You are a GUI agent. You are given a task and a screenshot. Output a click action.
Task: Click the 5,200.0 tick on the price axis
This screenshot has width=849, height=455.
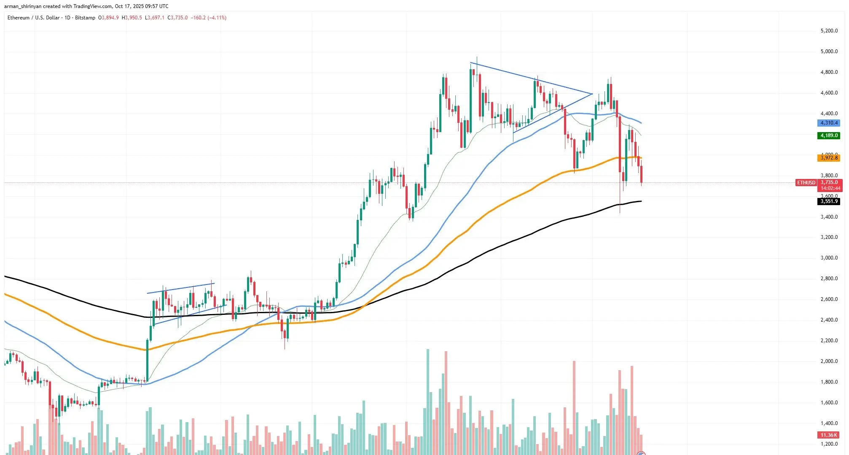pyautogui.click(x=829, y=31)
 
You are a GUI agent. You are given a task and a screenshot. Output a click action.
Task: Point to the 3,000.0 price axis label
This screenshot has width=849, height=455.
pyautogui.click(x=829, y=258)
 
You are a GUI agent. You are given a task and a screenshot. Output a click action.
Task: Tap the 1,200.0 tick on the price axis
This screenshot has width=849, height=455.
pyautogui.click(x=829, y=444)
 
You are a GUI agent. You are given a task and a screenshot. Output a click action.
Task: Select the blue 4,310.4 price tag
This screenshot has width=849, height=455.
pyautogui.click(x=828, y=123)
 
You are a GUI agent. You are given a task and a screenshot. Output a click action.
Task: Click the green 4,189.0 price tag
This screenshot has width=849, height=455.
pyautogui.click(x=828, y=135)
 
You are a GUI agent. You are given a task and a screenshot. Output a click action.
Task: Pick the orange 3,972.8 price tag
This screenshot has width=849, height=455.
pyautogui.click(x=828, y=158)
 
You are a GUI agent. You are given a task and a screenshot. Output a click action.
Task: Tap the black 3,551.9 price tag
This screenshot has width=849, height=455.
pyautogui.click(x=829, y=201)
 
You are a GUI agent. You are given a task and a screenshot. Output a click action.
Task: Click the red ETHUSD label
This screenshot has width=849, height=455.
pyautogui.click(x=806, y=183)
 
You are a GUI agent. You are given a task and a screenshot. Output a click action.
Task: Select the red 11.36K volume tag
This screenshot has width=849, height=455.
pyautogui.click(x=828, y=435)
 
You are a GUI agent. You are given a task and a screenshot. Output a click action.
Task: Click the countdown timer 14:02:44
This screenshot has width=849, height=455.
pyautogui.click(x=830, y=188)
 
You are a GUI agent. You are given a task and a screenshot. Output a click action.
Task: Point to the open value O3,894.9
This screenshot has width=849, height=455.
pyautogui.click(x=108, y=18)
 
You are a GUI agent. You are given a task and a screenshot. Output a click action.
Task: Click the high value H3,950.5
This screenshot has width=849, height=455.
pyautogui.click(x=132, y=18)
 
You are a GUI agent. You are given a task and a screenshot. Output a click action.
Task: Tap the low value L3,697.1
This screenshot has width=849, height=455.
pyautogui.click(x=154, y=18)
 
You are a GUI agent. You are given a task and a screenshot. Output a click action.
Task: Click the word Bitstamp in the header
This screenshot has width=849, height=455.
pyautogui.click(x=85, y=18)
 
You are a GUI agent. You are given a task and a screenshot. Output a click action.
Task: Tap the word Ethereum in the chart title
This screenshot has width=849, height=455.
pyautogui.click(x=19, y=18)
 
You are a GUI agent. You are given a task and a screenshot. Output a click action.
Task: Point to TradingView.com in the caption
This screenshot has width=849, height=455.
pyautogui.click(x=93, y=6)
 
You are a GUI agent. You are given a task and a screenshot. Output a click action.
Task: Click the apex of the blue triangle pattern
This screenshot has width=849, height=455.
pyautogui.click(x=592, y=94)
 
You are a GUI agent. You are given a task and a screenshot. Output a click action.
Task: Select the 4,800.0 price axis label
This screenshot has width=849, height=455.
pyautogui.click(x=829, y=72)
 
